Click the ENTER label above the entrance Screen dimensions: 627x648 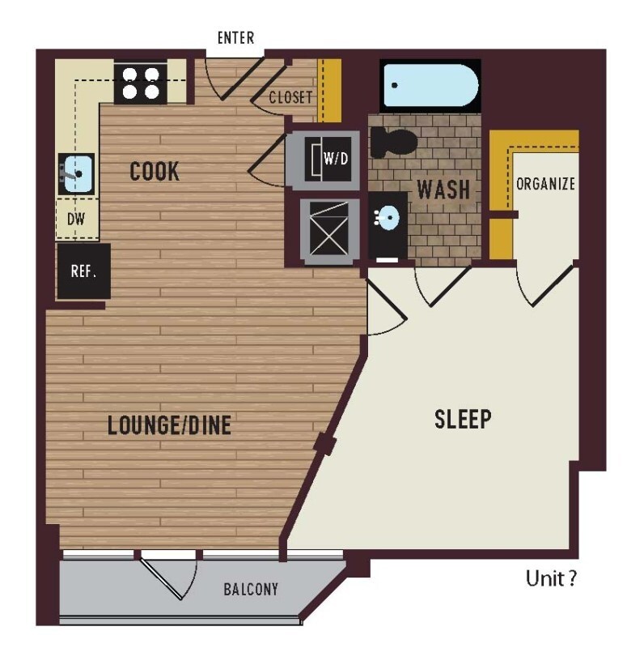[235, 37]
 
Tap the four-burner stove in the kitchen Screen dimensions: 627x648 [141, 84]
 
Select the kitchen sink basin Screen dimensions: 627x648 [77, 173]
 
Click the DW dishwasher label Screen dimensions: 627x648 [76, 219]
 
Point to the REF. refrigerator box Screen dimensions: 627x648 [84, 271]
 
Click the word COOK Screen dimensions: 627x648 [155, 171]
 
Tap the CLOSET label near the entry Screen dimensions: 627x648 [290, 97]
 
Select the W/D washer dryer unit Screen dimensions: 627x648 [328, 159]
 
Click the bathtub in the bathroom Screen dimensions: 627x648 [430, 86]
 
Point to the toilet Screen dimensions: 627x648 [392, 143]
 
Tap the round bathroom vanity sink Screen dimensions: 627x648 [388, 216]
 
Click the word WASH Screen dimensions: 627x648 [443, 190]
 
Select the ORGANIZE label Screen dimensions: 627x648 [545, 184]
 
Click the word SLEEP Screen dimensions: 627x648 [463, 419]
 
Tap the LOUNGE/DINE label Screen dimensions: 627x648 [169, 425]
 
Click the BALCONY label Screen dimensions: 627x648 [251, 590]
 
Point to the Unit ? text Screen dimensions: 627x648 [551, 578]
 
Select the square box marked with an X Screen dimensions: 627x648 [329, 228]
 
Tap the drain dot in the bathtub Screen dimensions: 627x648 [395, 86]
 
